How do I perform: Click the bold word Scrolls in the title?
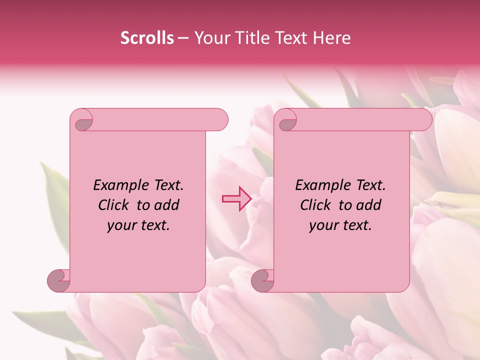coord(147,38)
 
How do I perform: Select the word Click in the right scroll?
coord(315,205)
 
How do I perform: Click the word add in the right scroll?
coord(369,205)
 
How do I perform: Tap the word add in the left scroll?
coord(167,205)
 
